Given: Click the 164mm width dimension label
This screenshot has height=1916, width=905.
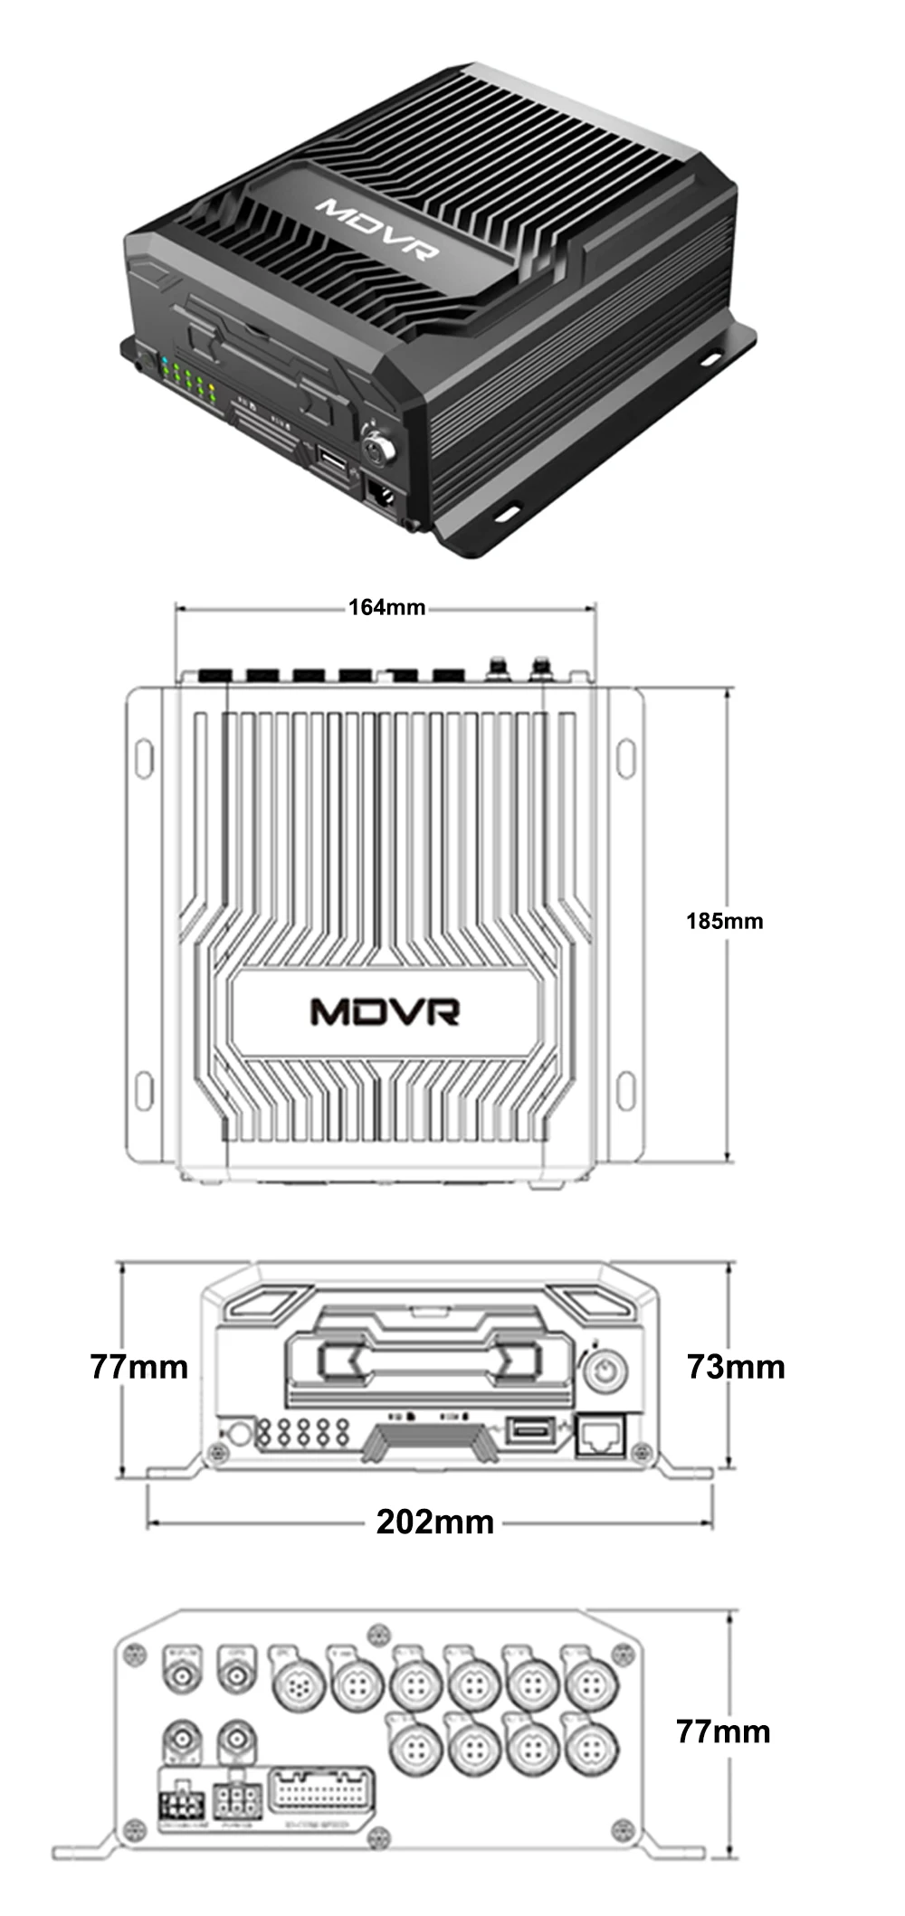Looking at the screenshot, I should (386, 606).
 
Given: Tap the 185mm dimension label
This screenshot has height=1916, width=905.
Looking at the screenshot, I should (724, 921).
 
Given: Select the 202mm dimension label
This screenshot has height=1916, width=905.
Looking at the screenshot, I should (435, 1522).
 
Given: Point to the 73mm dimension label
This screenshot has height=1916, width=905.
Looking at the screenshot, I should (736, 1365).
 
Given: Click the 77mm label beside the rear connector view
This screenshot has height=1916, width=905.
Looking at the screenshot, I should (723, 1731).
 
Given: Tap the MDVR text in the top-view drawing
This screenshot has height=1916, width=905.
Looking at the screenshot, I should (385, 1011).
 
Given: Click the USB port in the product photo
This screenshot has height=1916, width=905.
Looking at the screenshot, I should (331, 462).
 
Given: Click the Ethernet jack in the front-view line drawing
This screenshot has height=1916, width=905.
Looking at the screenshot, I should (601, 1434).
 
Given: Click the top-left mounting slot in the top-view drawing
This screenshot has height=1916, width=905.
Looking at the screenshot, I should (144, 758).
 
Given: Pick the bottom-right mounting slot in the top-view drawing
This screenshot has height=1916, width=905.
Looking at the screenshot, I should (625, 1091).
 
